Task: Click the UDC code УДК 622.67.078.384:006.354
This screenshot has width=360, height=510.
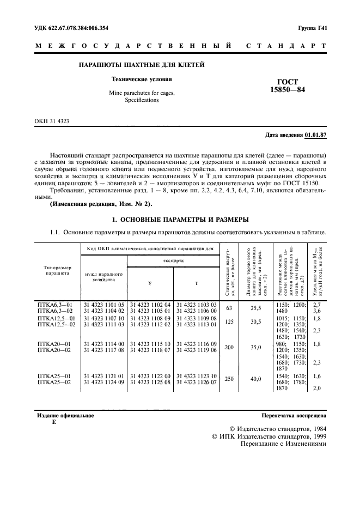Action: pyautogui.click(x=74, y=27)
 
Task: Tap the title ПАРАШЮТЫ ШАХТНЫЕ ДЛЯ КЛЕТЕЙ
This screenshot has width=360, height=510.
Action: pyautogui.click(x=142, y=65)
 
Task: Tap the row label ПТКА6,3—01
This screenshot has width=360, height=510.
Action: pyautogui.click(x=54, y=303)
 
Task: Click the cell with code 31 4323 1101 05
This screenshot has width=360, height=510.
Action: pyautogui.click(x=104, y=303)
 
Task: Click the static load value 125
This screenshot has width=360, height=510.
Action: pyautogui.click(x=229, y=321)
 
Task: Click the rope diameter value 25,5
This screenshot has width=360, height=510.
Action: pyautogui.click(x=255, y=307)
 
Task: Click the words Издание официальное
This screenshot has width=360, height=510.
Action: pyautogui.click(x=65, y=415)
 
